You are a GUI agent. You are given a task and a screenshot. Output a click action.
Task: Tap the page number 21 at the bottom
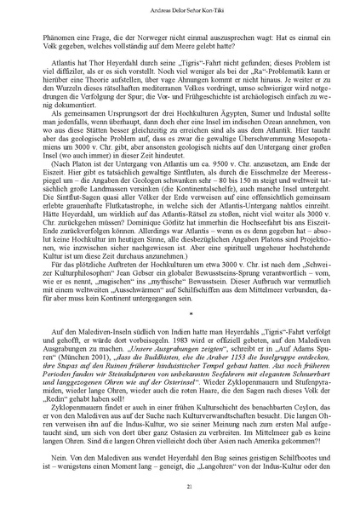tap(180, 486)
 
